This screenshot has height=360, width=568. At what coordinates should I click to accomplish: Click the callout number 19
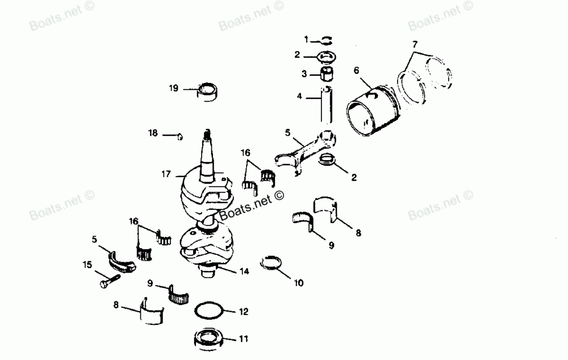[174, 88]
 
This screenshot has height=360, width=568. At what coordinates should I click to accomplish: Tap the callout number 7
[414, 44]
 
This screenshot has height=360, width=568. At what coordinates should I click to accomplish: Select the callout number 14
[244, 271]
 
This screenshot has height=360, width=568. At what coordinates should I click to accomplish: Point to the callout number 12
[243, 311]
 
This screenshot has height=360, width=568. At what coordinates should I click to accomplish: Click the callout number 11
[243, 340]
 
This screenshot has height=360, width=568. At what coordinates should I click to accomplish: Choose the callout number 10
[299, 282]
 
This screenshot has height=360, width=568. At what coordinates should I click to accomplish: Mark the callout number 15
[87, 265]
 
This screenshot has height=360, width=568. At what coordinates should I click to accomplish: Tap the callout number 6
[357, 71]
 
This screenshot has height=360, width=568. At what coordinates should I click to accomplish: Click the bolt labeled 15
[108, 279]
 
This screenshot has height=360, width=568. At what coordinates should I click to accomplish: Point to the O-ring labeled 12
[209, 311]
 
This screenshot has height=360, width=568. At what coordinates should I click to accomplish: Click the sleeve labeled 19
[208, 91]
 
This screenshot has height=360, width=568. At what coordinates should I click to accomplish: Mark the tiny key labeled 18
[181, 136]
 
